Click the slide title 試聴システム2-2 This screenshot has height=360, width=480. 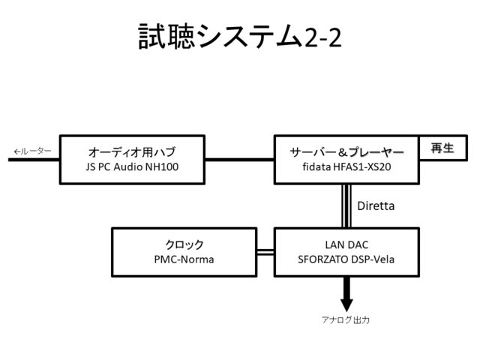pos(239,35)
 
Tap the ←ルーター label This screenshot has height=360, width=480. pos(31,151)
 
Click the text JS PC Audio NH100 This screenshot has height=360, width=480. pos(132,166)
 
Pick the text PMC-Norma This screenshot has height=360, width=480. pos(184,260)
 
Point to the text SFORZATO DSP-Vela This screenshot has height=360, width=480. pos(347,260)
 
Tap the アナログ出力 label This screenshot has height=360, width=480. pos(346,319)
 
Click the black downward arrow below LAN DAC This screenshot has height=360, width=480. pos(346,295)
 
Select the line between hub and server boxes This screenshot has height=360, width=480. pos(240,159)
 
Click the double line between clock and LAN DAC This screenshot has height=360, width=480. pos(265,253)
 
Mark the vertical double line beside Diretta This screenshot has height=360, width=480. pos(346,205)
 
